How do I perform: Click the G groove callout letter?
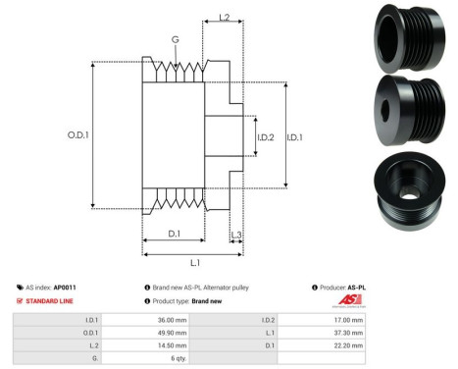click(175, 40)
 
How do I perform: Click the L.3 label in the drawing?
click(236, 235)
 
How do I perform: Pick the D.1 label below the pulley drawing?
click(174, 234)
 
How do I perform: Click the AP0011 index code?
click(66, 287)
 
